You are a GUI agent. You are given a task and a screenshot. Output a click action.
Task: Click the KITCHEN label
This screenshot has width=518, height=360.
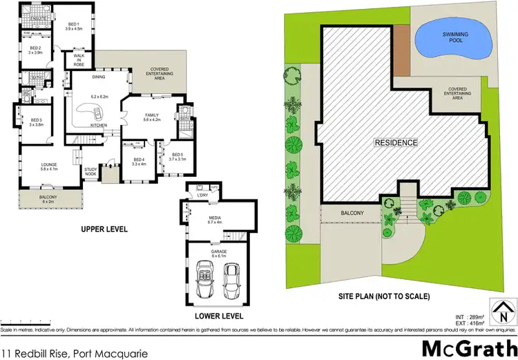pyautogui.click(x=99, y=125)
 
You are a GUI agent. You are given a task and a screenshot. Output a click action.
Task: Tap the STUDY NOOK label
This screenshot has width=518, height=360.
pyautogui.click(x=90, y=172)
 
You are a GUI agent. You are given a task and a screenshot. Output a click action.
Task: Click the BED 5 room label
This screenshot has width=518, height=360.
pyautogui.click(x=178, y=155)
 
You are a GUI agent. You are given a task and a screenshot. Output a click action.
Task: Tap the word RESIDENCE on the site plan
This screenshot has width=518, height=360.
pyautogui.click(x=396, y=143)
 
